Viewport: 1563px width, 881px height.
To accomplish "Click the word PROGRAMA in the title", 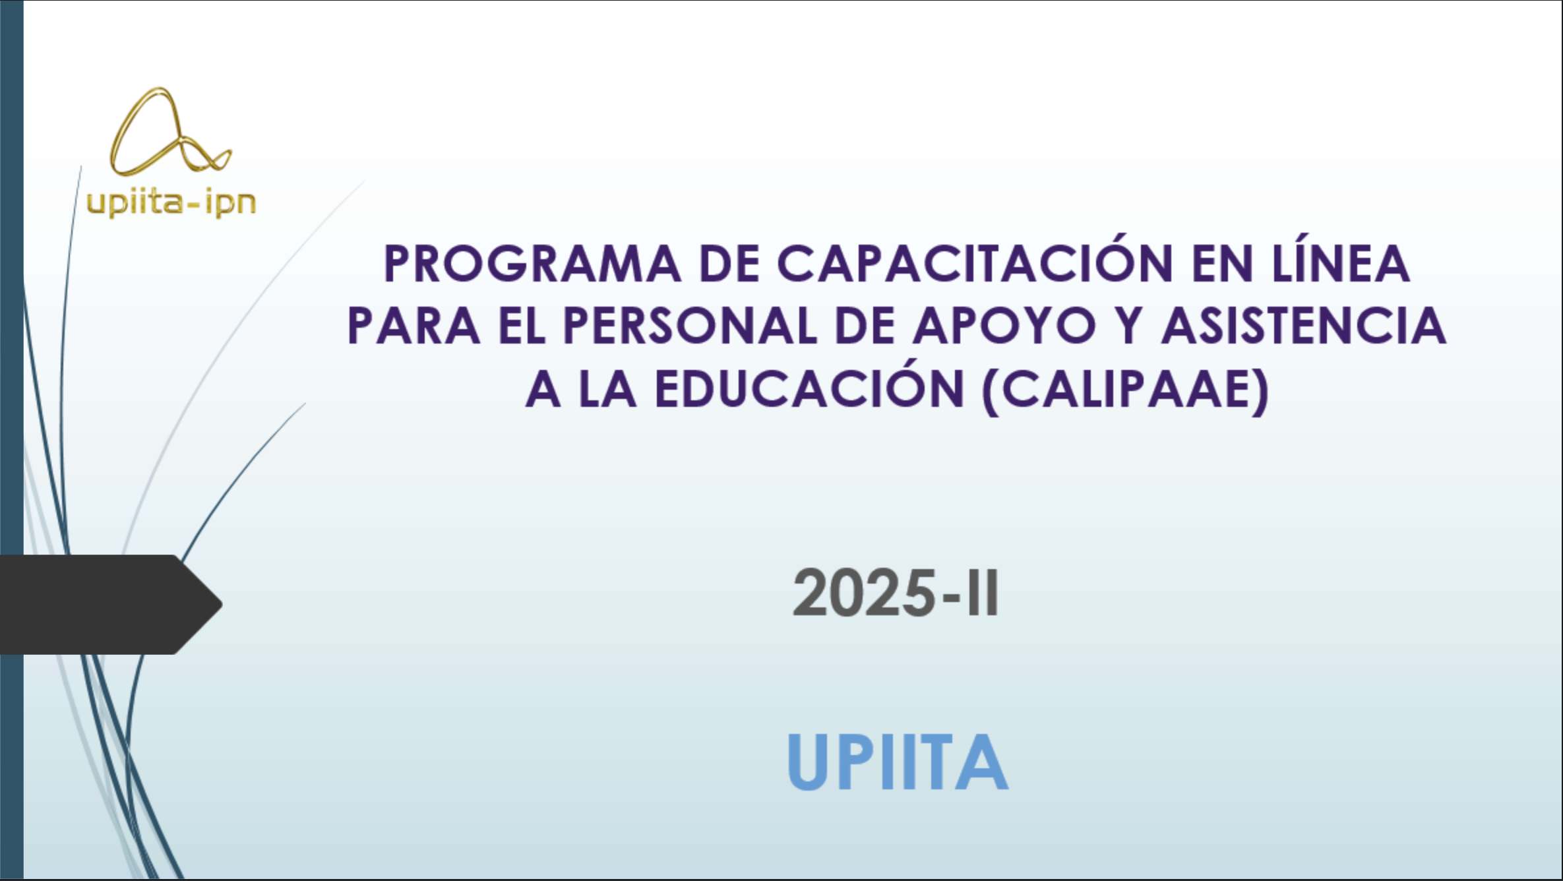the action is [x=532, y=264].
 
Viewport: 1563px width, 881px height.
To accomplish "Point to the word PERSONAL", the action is [x=690, y=326].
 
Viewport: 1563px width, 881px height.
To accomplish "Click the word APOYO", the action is [x=1004, y=326].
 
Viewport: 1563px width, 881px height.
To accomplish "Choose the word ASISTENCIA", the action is [x=1304, y=326].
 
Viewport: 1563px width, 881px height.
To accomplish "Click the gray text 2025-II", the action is [x=896, y=593].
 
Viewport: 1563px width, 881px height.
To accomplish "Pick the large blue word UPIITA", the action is [x=898, y=762].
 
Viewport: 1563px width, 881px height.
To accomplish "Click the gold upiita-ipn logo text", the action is [x=171, y=202].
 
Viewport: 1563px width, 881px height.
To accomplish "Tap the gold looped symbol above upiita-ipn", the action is [x=170, y=132].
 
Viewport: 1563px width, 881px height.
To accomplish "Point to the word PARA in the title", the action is [x=414, y=326].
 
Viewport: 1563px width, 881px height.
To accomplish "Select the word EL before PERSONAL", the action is [x=522, y=326].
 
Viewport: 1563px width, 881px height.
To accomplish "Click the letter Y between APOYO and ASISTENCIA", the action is [x=1128, y=326].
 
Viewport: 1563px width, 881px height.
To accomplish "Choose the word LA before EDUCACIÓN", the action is [x=607, y=389].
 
